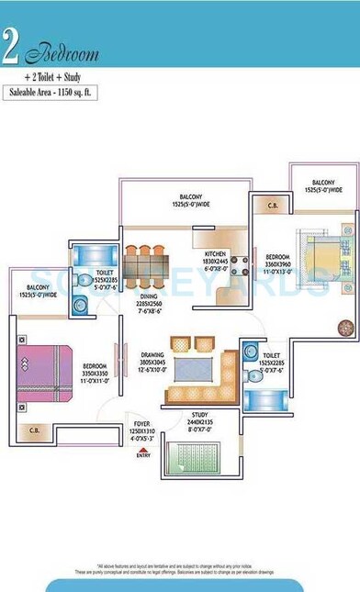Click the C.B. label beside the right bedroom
271,206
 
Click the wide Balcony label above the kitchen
191,199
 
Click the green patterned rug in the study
194,456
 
